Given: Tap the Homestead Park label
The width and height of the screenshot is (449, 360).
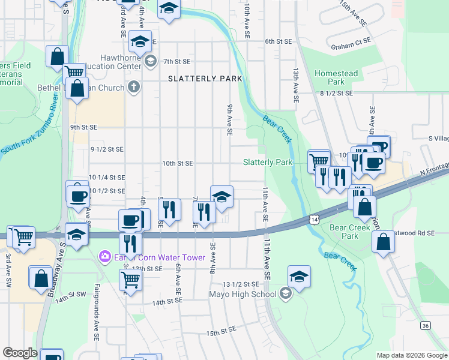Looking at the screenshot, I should tap(336, 77).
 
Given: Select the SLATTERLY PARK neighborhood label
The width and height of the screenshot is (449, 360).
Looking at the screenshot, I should tap(205, 79).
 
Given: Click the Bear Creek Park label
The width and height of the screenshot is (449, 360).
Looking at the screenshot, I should tap(345, 232).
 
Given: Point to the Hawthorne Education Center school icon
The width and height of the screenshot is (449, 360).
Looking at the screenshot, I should tap(150, 61).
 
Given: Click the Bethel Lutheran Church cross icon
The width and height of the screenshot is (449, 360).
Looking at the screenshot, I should tap(134, 88).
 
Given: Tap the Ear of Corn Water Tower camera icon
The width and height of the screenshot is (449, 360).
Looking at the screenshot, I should tap(104, 256).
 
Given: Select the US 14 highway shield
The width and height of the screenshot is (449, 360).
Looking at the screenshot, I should tap(314, 220).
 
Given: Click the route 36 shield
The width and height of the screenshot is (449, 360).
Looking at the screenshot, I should tap(425, 325).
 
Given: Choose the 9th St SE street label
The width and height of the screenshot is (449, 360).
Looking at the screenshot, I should tap(83, 127).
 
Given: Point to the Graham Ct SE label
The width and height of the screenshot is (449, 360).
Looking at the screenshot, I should tap(351, 46).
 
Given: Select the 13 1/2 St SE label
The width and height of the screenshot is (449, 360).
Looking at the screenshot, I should tap(240, 284).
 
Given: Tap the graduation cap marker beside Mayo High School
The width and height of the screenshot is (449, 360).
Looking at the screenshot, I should tap(298, 277).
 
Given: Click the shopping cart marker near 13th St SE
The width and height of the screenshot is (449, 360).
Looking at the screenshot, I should tap(130, 279).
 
